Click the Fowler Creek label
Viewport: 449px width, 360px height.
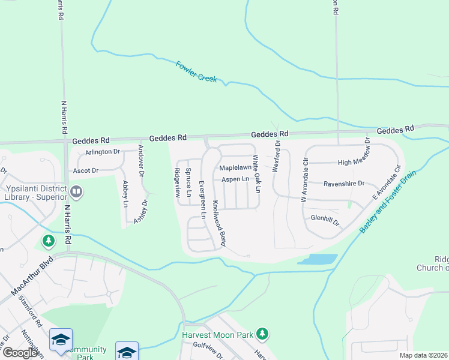(x=196, y=72)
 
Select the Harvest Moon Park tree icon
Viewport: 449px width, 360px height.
(x=261, y=332)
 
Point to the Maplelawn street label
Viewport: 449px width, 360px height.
(x=235, y=167)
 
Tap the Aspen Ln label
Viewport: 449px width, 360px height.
(x=235, y=179)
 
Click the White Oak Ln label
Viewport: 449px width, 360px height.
(x=256, y=174)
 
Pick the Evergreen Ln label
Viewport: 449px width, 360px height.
(x=202, y=199)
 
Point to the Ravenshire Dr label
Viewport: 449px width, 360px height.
(x=343, y=184)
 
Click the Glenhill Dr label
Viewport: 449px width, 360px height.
(x=325, y=220)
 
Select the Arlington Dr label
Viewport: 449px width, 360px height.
(x=103, y=152)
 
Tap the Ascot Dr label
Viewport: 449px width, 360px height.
(x=85, y=171)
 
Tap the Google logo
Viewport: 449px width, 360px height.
(x=20, y=352)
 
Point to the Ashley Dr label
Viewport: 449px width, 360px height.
(x=140, y=211)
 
